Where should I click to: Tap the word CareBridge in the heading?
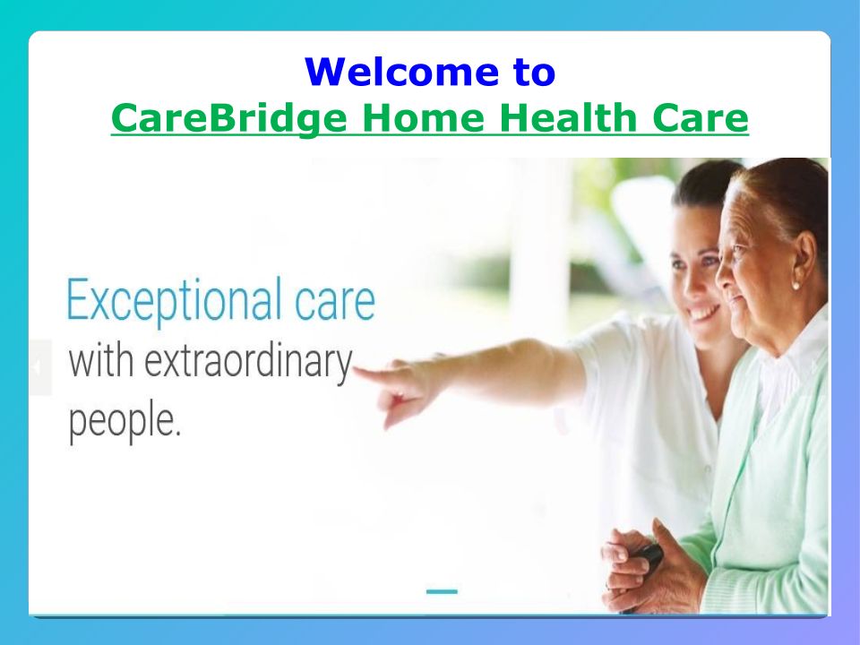(229, 118)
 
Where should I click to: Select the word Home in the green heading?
(424, 117)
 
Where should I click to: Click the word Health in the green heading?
(568, 117)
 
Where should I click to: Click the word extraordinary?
(248, 362)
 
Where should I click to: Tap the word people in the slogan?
(124, 422)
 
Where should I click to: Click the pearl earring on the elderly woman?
(795, 285)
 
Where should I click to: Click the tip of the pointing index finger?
(356, 371)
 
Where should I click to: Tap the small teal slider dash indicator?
(442, 591)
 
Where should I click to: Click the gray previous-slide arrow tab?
(40, 367)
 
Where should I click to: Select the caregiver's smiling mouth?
(704, 314)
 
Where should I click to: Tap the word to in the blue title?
(535, 72)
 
